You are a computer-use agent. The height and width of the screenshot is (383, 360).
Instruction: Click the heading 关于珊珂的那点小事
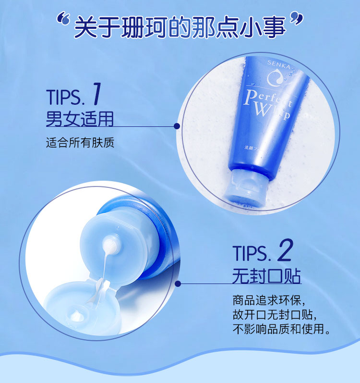tap(180, 27)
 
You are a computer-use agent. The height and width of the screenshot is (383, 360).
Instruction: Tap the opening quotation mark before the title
tap(63, 20)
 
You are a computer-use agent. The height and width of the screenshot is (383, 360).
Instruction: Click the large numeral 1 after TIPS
tap(97, 94)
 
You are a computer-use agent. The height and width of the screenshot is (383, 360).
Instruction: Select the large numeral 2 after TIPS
tap(285, 250)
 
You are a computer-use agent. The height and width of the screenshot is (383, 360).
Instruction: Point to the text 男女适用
tap(80, 119)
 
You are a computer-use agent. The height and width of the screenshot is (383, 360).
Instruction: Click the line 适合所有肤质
tap(80, 143)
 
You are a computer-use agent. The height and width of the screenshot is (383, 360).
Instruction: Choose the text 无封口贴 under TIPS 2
tap(266, 276)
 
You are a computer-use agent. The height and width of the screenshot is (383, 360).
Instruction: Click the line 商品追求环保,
tap(269, 300)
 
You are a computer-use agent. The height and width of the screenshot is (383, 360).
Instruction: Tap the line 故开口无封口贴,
tap(275, 315)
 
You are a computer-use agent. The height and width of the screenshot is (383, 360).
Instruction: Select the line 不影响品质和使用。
tap(282, 329)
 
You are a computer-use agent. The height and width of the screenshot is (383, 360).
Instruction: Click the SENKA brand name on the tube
tap(279, 64)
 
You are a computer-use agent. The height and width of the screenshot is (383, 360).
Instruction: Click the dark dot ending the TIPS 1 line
tap(177, 126)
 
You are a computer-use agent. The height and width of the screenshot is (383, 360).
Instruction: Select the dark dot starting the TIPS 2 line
tap(178, 284)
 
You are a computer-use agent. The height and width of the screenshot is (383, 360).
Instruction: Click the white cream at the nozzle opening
tap(109, 246)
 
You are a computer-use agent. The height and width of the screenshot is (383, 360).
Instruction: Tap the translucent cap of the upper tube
tap(247, 187)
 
